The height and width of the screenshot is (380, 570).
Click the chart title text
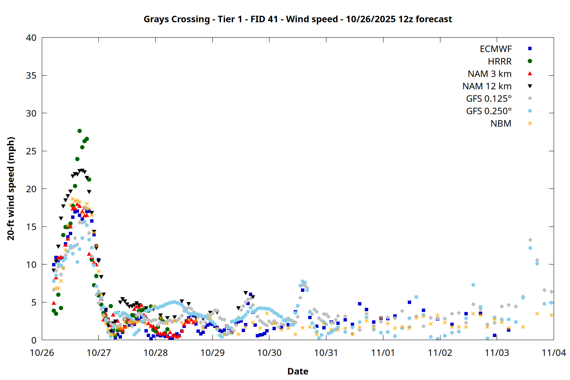[x=298, y=19]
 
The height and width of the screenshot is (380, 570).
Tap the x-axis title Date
[x=298, y=371]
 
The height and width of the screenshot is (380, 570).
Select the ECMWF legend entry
[x=496, y=49]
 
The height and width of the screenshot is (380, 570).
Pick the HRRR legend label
[x=500, y=62]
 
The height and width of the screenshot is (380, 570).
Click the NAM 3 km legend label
[x=489, y=74]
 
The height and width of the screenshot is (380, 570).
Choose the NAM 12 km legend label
[x=487, y=86]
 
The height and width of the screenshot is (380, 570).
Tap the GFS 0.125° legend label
[x=489, y=99]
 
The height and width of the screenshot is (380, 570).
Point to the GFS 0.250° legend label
[x=489, y=111]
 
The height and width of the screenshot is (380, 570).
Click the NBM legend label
[x=501, y=124]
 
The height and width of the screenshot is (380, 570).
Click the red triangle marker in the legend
[x=530, y=74]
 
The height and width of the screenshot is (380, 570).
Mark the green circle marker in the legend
[x=530, y=61]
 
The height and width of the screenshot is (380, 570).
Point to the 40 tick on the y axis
[x=31, y=38]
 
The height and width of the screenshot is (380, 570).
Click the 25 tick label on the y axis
[x=31, y=151]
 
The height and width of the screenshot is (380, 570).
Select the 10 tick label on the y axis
[x=31, y=264]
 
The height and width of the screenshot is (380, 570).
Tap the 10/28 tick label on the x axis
[x=155, y=353]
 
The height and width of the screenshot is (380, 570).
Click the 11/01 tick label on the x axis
[x=383, y=353]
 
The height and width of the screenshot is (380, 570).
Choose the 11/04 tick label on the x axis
[x=553, y=353]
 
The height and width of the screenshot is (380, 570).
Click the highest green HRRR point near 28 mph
[x=79, y=131]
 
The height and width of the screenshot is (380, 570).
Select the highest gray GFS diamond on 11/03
[x=530, y=240]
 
